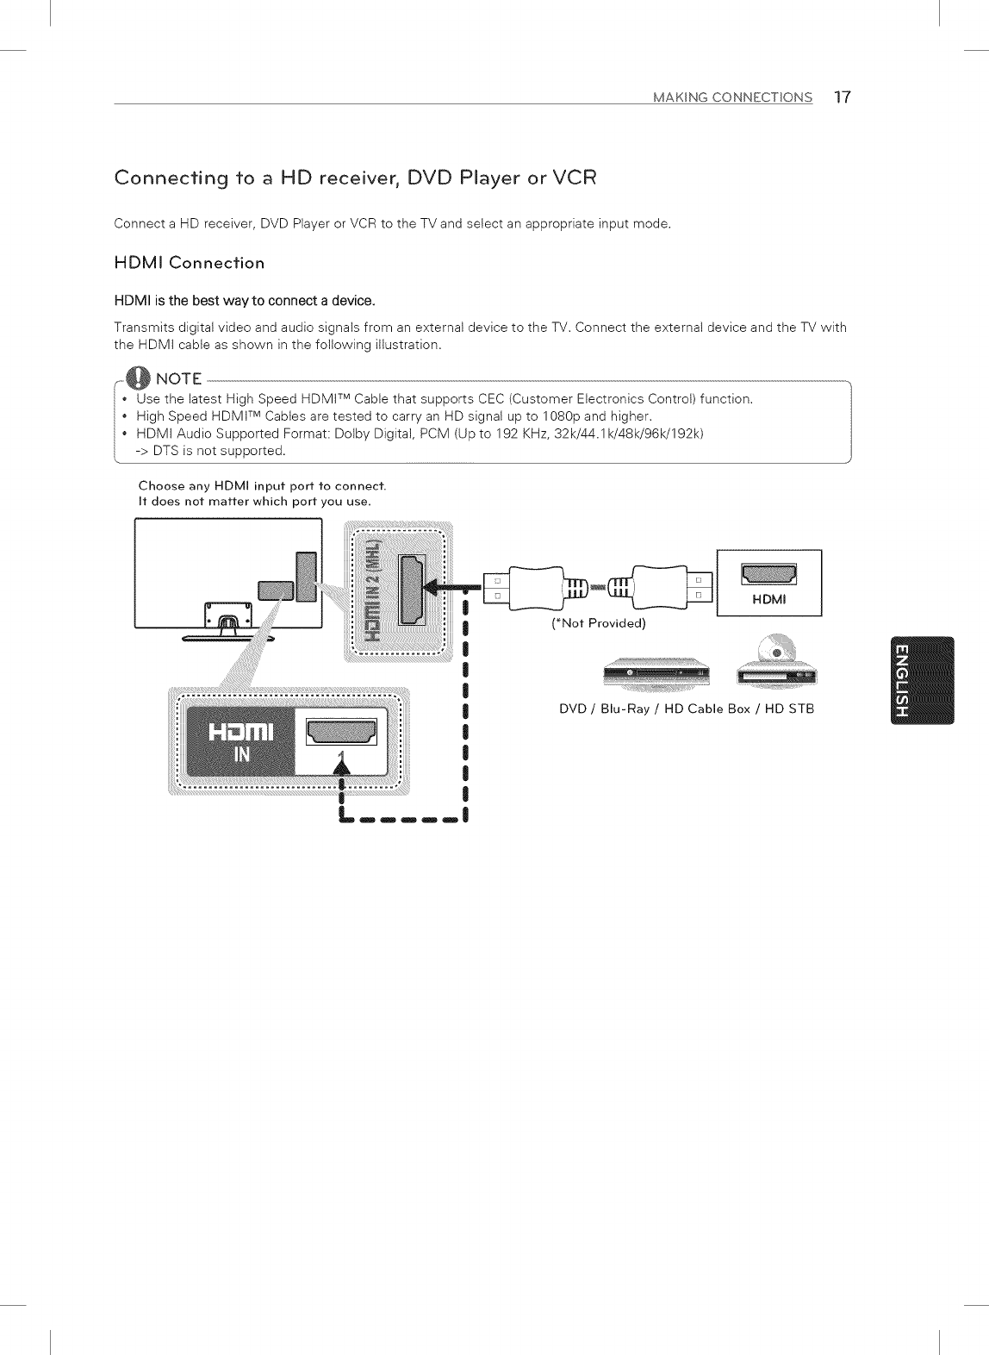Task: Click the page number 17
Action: pos(842,97)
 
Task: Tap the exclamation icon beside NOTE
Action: pos(137,378)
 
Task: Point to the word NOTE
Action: pos(178,379)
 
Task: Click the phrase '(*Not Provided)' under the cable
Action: pos(598,623)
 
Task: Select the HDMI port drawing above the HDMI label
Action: pos(769,572)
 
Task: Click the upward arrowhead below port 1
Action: pos(343,764)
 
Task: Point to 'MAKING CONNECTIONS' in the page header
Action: pos(732,97)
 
